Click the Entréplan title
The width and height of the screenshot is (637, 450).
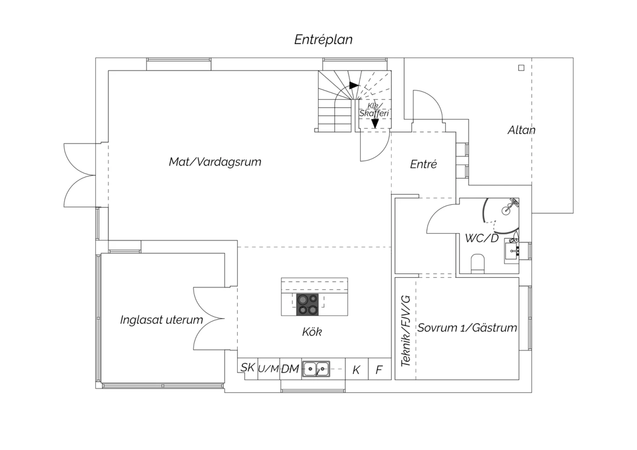323,40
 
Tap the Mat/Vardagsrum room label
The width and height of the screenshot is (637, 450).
215,162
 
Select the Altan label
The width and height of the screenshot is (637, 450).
521,130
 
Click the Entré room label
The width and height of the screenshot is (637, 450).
423,164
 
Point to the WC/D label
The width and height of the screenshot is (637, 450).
482,238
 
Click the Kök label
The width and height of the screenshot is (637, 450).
312,332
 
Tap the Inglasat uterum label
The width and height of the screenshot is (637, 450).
161,320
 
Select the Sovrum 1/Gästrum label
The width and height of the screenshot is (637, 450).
467,328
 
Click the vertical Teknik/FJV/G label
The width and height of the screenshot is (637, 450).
406,331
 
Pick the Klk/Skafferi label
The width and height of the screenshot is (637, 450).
374,110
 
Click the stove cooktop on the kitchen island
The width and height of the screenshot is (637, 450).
307,304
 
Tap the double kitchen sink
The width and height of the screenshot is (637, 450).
316,369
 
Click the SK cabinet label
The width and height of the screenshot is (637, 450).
248,368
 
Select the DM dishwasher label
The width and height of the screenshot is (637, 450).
290,369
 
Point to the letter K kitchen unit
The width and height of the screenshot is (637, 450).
356,370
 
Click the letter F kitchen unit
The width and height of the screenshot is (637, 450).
379,370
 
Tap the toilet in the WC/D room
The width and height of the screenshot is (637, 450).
478,264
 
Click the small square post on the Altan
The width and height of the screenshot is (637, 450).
521,68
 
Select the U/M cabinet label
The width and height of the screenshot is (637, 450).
268,369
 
